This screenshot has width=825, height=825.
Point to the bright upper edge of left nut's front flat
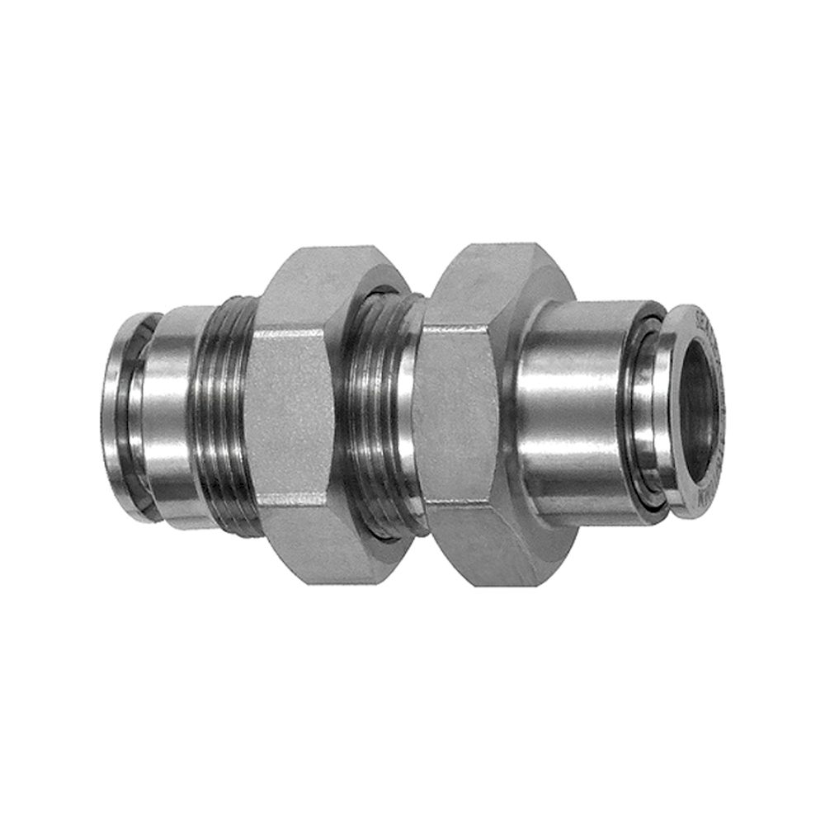(x=289, y=332)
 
